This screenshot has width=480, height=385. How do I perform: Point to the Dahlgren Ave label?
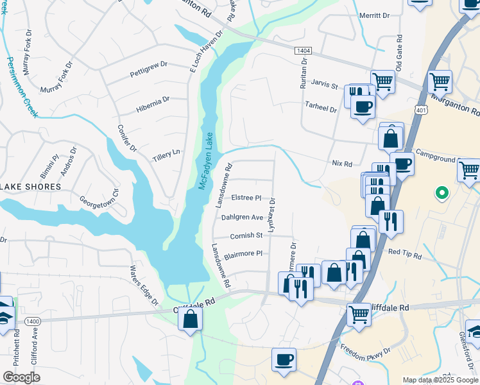click(242, 217)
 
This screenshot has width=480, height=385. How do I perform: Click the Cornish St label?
click(246, 235)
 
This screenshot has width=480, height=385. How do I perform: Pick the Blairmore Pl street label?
click(243, 253)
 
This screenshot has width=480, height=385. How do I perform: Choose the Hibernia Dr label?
click(153, 105)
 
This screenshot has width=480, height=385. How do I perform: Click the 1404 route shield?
click(304, 50)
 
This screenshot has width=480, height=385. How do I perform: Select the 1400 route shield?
click(33, 320)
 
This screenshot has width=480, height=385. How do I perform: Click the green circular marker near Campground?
click(441, 192)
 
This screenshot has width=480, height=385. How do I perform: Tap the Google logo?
click(21, 377)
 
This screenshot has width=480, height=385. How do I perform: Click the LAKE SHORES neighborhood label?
click(30, 187)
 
